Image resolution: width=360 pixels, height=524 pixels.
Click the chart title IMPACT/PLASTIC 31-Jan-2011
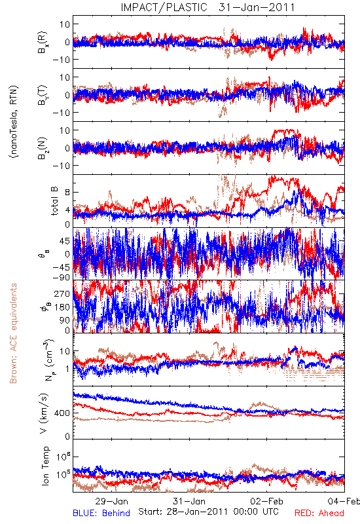coord(207,7)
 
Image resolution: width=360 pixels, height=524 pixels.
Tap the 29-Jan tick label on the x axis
coord(111,501)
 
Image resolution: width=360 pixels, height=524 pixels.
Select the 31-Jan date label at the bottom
coord(189,501)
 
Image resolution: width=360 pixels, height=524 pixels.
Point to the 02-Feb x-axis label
coord(267,501)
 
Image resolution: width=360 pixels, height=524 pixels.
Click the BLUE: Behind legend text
coord(101,513)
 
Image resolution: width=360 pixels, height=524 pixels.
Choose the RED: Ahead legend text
coord(319,513)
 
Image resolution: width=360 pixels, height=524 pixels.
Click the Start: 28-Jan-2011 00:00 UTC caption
coord(208,512)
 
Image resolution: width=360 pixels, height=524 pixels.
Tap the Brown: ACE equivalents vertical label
coord(13,333)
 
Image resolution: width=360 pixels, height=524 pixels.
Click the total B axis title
coord(54,201)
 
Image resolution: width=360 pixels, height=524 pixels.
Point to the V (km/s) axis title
coord(44,413)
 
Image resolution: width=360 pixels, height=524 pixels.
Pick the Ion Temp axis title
coord(45,466)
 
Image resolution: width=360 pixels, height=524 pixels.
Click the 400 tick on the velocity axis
coord(62,413)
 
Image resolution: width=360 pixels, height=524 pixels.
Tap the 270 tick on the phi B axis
coord(62,293)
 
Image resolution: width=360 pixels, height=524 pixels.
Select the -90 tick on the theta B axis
coord(61,277)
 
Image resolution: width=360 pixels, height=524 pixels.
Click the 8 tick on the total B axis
coord(67,193)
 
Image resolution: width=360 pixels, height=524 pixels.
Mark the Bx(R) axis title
coord(43,42)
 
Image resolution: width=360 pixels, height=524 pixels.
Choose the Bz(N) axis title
coord(43,148)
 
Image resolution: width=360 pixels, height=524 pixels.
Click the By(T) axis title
coord(43,95)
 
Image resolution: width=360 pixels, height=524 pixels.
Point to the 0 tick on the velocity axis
coord(67,436)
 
